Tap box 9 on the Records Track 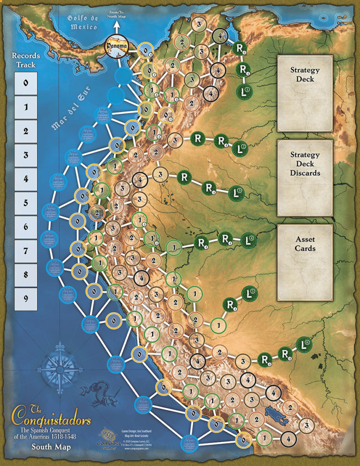(25, 299)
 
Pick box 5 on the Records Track (25, 203)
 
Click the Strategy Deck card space (305, 93)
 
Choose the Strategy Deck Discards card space (305, 177)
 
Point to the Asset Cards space (305, 263)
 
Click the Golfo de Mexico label (82, 22)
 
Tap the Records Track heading (26, 60)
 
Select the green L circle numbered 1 (244, 91)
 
